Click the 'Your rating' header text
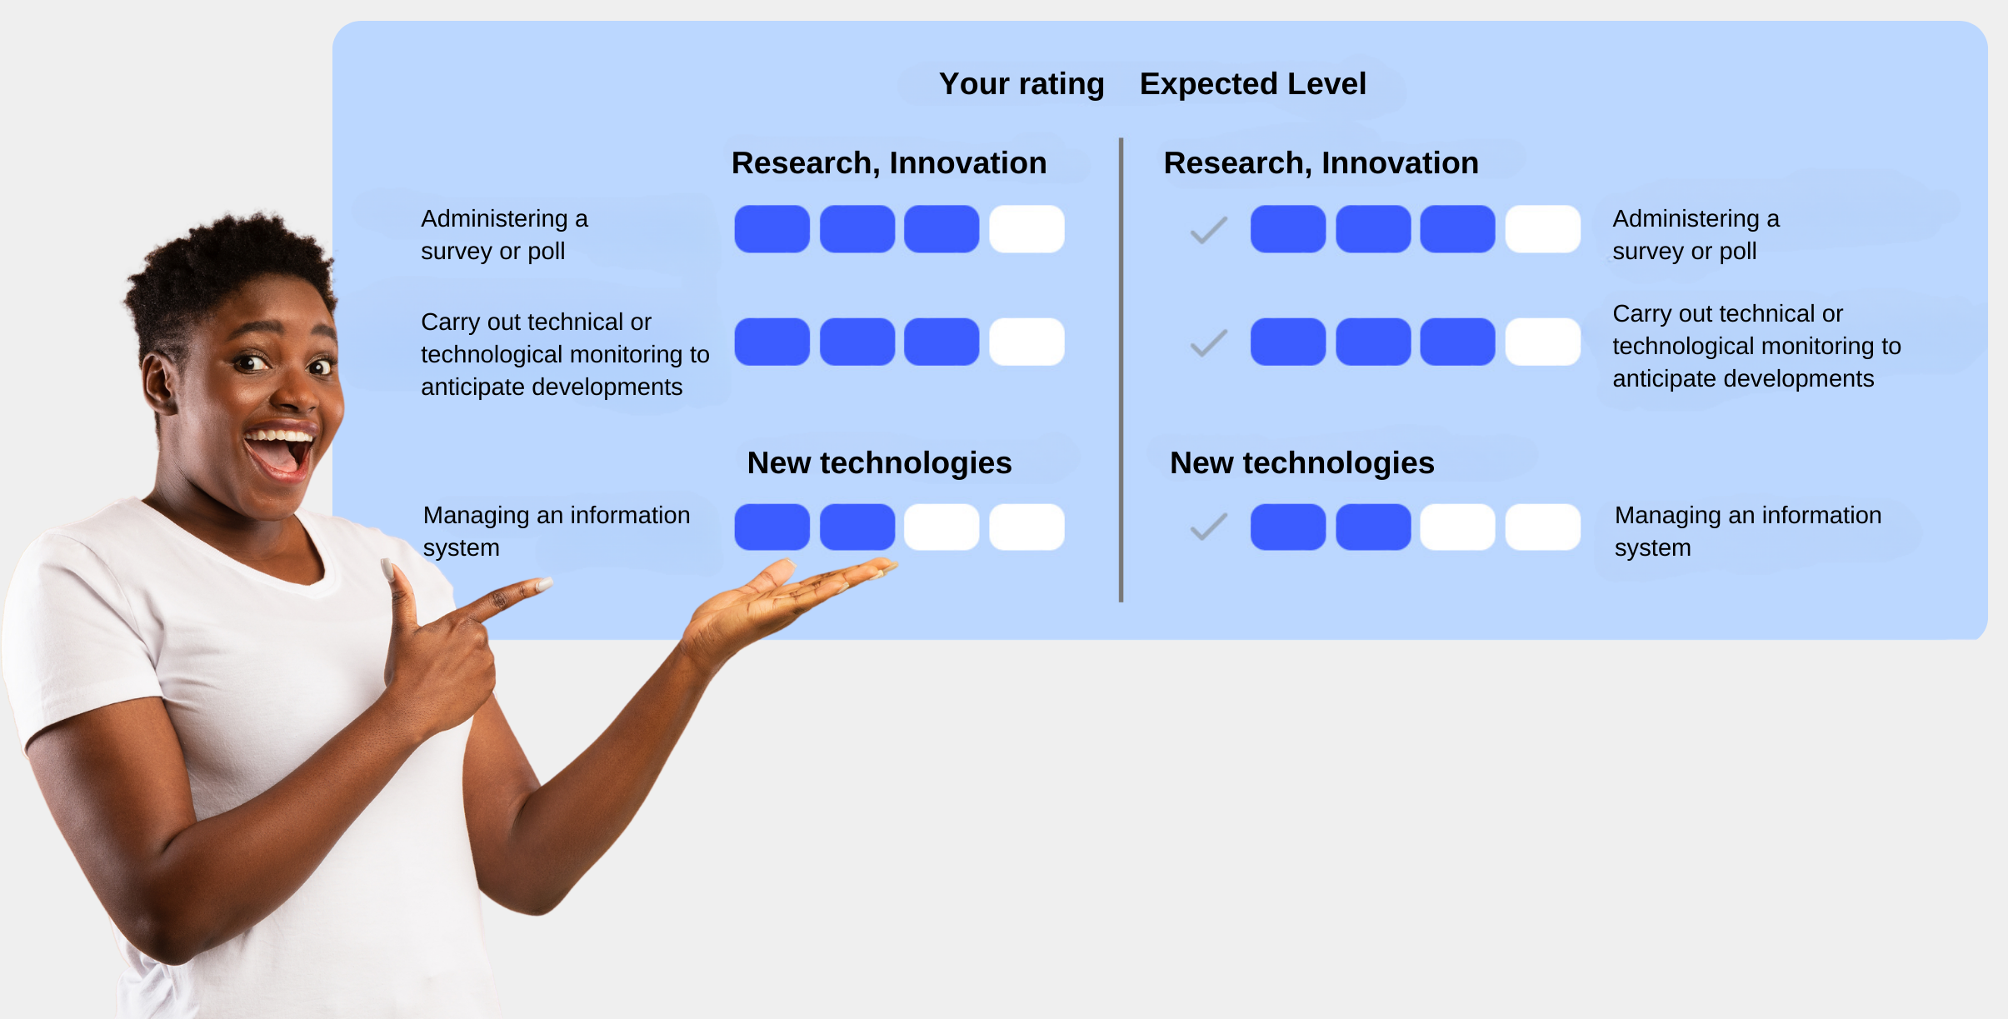point(1021,84)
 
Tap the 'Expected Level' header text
point(1252,84)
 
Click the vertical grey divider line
point(1121,369)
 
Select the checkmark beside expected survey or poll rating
point(1209,230)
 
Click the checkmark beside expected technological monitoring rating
point(1209,342)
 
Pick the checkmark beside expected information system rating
point(1209,527)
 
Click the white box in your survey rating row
point(1026,229)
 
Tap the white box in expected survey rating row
point(1543,229)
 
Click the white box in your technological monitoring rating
point(1026,342)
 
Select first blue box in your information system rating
point(772,527)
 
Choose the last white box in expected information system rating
point(1543,527)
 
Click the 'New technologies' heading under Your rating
point(879,463)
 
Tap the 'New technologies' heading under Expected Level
point(1302,463)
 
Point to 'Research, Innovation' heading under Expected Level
point(1321,163)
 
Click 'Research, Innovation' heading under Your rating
point(889,163)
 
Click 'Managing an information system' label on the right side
point(1748,532)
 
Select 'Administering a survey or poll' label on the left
point(504,235)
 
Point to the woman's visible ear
point(159,383)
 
